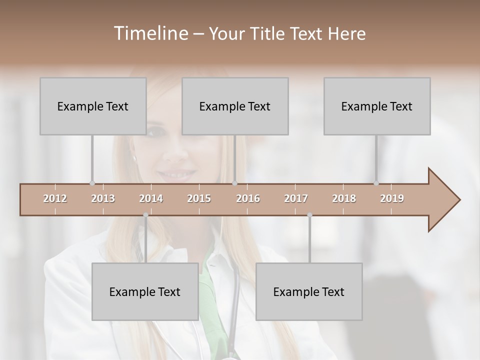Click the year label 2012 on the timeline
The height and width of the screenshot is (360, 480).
click(x=55, y=198)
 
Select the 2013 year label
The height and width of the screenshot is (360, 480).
click(x=103, y=198)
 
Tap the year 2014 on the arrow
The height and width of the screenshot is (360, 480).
click(x=151, y=198)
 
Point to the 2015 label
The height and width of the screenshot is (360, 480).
click(x=199, y=198)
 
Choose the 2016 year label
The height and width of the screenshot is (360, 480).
click(x=248, y=198)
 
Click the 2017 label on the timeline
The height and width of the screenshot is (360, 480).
click(x=296, y=198)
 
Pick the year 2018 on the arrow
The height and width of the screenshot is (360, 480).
click(x=344, y=198)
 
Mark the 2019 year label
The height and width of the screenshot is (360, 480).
click(x=392, y=198)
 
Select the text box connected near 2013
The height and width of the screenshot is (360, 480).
click(x=92, y=106)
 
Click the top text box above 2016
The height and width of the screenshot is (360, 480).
click(x=235, y=106)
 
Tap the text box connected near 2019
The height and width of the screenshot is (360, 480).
click(x=377, y=106)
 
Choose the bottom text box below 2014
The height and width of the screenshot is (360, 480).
click(x=145, y=291)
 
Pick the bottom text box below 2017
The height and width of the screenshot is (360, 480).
click(x=309, y=291)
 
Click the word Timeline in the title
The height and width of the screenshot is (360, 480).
click(x=150, y=33)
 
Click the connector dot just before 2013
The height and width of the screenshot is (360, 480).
click(x=92, y=183)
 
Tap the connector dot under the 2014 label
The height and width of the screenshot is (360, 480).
click(x=145, y=215)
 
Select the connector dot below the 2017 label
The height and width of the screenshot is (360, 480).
click(x=309, y=215)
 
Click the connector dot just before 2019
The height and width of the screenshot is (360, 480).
click(x=376, y=183)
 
